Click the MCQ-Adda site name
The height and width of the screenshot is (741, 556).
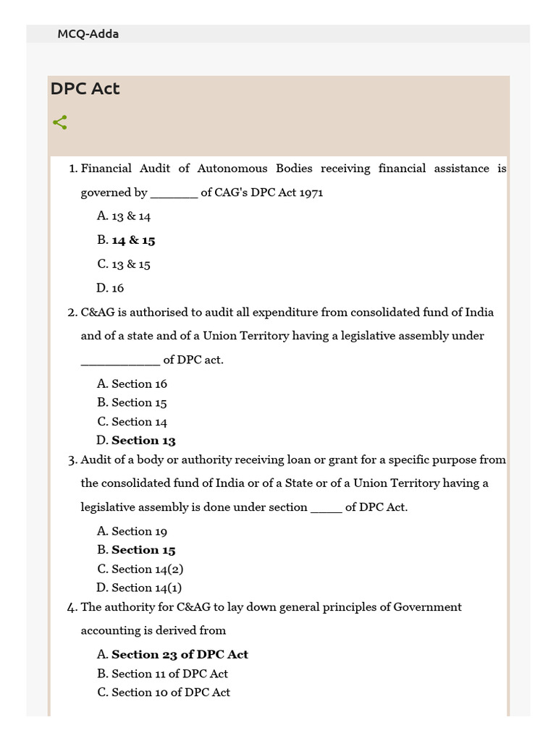[88, 34]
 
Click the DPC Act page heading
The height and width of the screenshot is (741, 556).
[85, 89]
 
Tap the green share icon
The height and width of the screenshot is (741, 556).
[60, 122]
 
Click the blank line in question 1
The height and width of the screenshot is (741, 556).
[174, 194]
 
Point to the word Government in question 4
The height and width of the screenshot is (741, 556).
[427, 607]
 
